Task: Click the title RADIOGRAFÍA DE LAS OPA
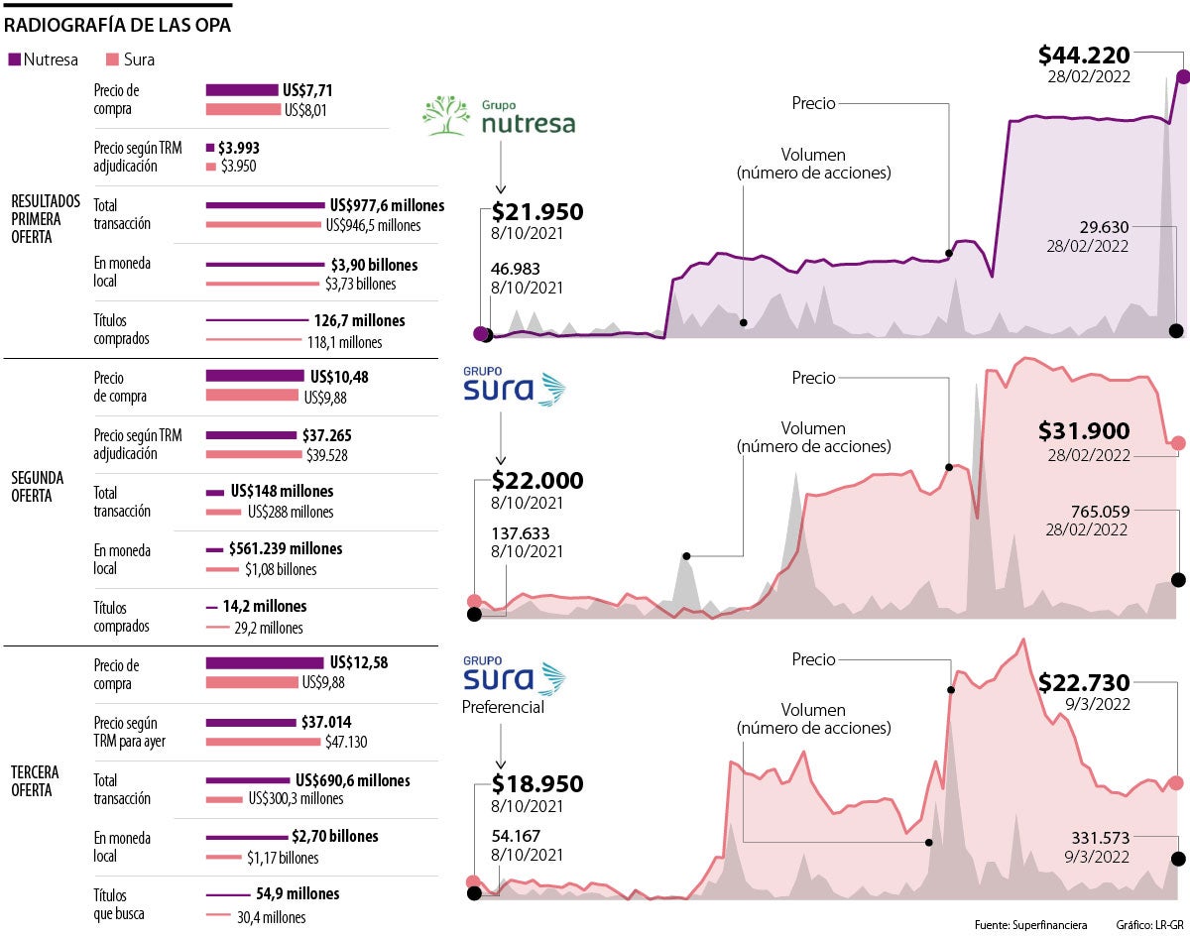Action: point(118,24)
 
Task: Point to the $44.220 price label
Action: point(1084,56)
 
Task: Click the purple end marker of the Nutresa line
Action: point(1183,75)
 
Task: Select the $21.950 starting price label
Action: point(537,211)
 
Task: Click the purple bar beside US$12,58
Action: point(265,662)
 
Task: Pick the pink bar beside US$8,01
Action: point(242,109)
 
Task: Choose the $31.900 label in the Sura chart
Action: point(1084,431)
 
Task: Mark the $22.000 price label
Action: point(537,481)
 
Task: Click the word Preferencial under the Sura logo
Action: point(503,708)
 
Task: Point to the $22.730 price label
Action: point(1084,683)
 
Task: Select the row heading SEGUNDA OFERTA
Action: point(40,486)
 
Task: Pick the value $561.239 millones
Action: point(286,548)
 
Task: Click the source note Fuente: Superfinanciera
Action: point(1030,925)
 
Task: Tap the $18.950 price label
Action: point(537,784)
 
